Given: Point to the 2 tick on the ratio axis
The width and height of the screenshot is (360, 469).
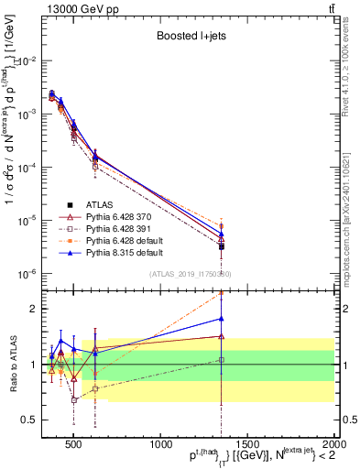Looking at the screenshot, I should point(36,309).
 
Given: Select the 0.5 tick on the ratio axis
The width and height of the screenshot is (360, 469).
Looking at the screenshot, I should point(32,420).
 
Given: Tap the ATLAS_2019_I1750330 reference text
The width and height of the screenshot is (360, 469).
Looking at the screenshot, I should point(190,275).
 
